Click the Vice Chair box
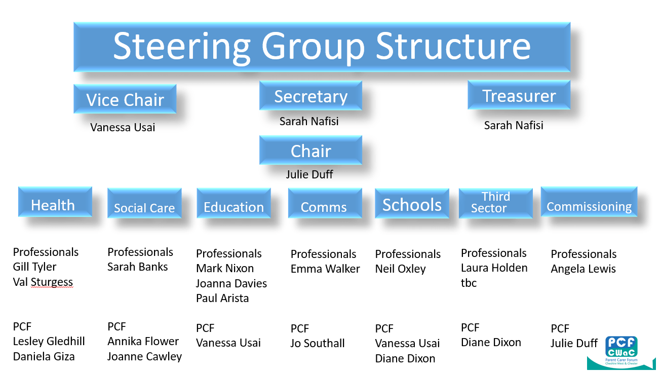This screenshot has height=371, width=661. click(125, 99)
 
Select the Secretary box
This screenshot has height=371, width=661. click(310, 95)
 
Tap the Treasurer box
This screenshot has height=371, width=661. click(519, 95)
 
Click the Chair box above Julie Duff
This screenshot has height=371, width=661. click(310, 150)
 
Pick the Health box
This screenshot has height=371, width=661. click(55, 202)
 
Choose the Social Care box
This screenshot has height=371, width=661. click(144, 203)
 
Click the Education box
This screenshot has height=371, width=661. click(234, 203)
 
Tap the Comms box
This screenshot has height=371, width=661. click(325, 203)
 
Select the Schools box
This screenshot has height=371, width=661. click(412, 203)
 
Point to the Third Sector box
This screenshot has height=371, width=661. click(496, 203)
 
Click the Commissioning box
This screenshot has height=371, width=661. click(589, 202)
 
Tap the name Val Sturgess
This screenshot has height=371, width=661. click(43, 282)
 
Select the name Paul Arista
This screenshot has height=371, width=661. click(222, 299)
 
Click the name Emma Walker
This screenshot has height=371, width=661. click(325, 269)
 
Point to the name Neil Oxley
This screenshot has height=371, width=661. click(401, 269)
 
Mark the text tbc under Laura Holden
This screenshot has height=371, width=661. click(469, 283)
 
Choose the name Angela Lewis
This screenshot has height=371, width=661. click(584, 269)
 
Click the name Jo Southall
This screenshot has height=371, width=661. click(318, 343)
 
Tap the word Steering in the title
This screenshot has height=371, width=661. click(182, 47)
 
